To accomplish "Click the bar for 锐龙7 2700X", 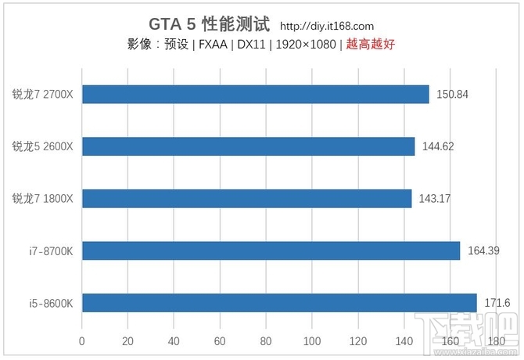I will [255, 94].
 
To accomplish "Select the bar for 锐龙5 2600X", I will [248, 146].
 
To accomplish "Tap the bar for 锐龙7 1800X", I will [246, 198].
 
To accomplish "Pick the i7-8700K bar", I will [271, 250].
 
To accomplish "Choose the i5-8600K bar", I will [279, 302].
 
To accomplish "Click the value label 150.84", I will [453, 95].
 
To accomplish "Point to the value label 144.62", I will [438, 146].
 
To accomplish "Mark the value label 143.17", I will [435, 199].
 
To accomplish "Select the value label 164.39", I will [483, 250].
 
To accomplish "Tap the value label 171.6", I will [497, 302].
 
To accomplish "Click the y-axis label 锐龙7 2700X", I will [42, 95].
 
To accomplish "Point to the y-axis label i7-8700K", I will [51, 250].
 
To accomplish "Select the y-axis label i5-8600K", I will [51, 303].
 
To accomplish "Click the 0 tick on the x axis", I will [82, 341].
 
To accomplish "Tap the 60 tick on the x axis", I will [220, 341].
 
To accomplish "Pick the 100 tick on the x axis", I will [312, 341].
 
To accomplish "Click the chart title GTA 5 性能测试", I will [209, 25].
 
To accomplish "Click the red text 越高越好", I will [371, 45].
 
